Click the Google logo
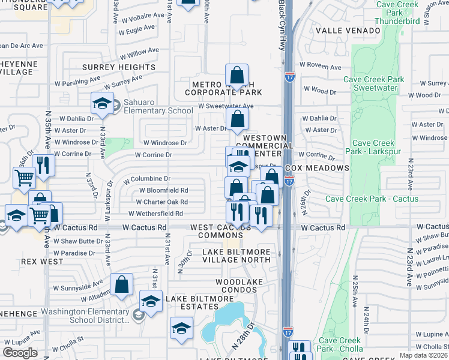pyautogui.click(x=20, y=352)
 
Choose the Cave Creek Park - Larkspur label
pyautogui.click(x=378, y=147)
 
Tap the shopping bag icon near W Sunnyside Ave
pyautogui.click(x=121, y=286)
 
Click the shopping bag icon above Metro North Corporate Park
pyautogui.click(x=237, y=76)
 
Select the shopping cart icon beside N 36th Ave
pyautogui.click(x=24, y=176)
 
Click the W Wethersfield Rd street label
pyautogui.click(x=155, y=214)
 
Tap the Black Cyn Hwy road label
pyautogui.click(x=281, y=27)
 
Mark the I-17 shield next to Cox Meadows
pyautogui.click(x=289, y=179)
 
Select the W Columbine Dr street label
pyautogui.click(x=146, y=179)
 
